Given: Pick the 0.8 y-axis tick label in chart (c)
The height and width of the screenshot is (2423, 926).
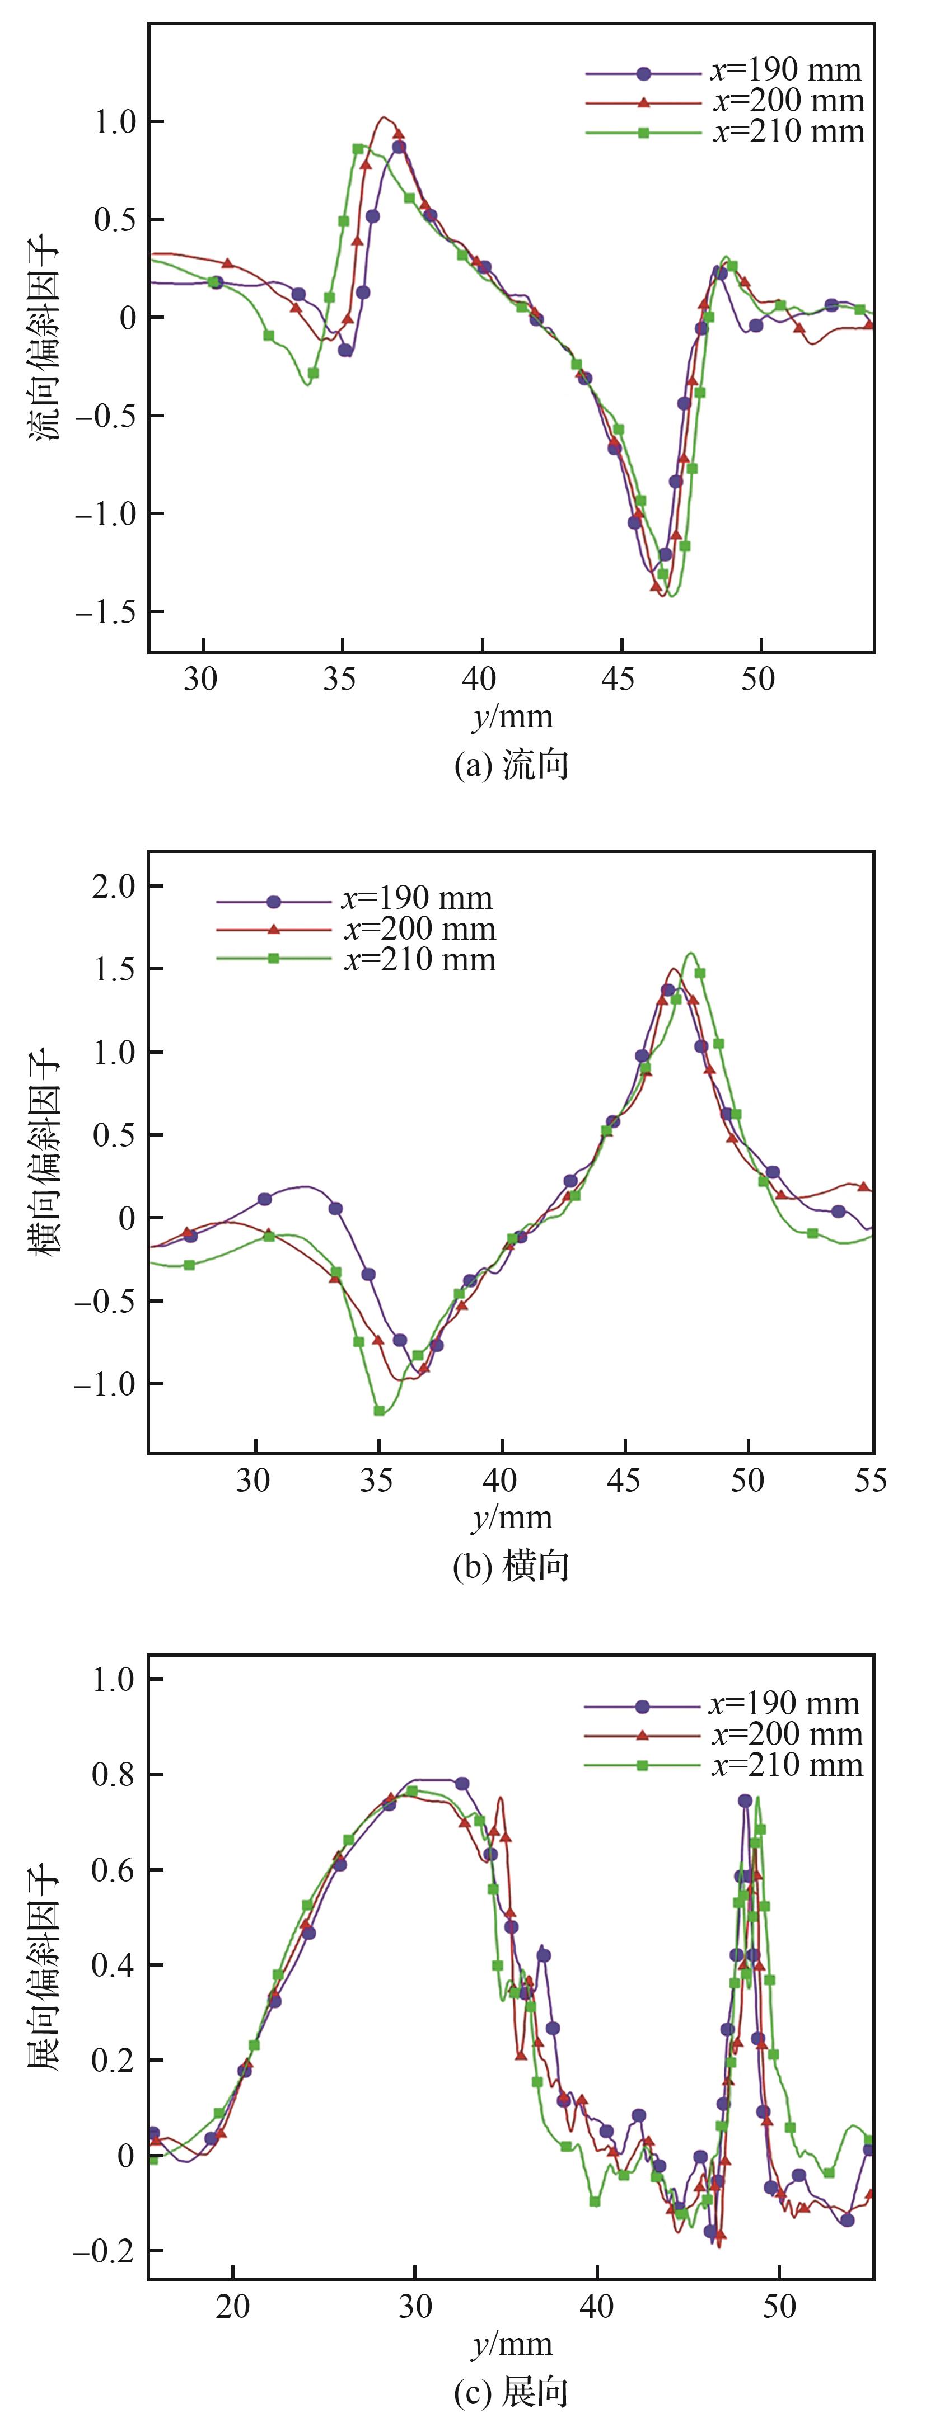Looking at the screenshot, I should point(113,1775).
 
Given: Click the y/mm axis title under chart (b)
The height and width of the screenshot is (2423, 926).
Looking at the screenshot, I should point(511,1518).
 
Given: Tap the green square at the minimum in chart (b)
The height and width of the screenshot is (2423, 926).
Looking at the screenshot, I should point(379,1410).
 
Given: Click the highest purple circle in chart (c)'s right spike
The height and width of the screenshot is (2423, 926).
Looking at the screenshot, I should point(745,1800).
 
